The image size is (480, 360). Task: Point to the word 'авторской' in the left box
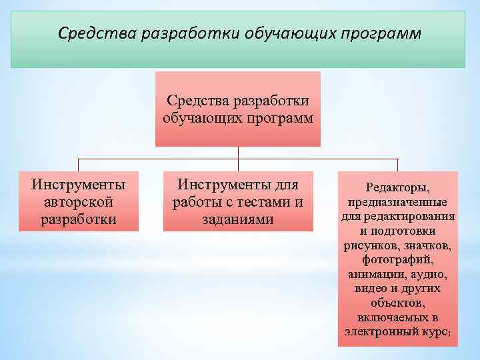point(79,201)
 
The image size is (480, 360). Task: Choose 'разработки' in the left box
point(79,218)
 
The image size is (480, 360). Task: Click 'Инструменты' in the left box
point(79,184)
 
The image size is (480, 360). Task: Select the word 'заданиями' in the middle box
point(238,218)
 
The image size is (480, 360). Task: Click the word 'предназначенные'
point(398,202)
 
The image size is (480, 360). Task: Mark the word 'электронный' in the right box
point(378,331)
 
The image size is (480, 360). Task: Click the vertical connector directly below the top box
point(238,153)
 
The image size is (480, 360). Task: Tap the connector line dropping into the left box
point(79,165)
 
